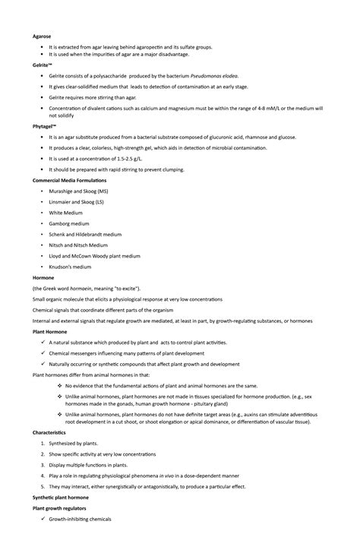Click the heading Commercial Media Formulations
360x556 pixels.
tap(69, 180)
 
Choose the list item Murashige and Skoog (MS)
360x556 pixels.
tap(79, 191)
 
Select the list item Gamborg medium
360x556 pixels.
tap(69, 224)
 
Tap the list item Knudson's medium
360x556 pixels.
tap(70, 267)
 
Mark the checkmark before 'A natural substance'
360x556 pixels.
tap(42, 343)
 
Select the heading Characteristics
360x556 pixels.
tap(49, 431)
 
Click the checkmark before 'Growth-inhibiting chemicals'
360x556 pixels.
tap(42, 519)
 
